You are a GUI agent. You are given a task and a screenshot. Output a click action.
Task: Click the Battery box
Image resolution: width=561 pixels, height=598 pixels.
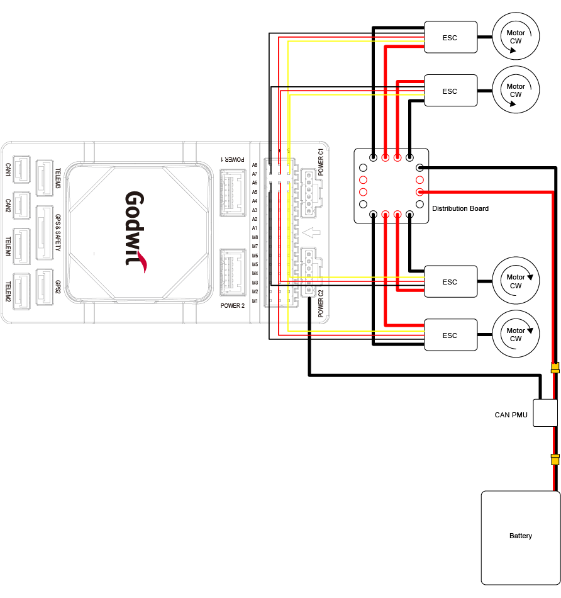(x=520, y=537)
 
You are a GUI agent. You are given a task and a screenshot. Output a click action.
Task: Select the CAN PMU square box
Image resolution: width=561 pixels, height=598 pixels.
(x=545, y=413)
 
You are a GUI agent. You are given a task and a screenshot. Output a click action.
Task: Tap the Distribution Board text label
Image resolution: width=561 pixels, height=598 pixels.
(x=460, y=208)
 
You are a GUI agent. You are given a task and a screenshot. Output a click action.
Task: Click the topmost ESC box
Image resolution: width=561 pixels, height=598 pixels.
(x=450, y=38)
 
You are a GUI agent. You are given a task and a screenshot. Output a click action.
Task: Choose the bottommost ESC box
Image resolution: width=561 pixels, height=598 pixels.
(x=450, y=336)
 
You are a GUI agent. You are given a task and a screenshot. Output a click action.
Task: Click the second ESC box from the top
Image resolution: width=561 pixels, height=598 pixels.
(x=450, y=91)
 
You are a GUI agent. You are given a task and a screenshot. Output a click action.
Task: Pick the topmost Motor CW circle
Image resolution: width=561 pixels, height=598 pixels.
(x=516, y=38)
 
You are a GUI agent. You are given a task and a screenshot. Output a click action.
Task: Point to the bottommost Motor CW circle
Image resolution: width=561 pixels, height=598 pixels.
(x=516, y=336)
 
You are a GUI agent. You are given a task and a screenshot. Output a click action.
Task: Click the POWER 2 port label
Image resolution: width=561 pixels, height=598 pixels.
(x=232, y=306)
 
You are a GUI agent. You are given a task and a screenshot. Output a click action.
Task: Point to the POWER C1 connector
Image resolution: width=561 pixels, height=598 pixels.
(x=309, y=185)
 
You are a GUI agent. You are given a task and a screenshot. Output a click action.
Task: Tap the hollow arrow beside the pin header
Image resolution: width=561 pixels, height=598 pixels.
(x=313, y=233)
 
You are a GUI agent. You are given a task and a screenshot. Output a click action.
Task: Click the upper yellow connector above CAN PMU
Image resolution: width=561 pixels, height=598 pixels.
(x=555, y=368)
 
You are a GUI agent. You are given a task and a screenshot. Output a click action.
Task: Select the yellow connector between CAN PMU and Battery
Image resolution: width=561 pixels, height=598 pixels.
(x=555, y=460)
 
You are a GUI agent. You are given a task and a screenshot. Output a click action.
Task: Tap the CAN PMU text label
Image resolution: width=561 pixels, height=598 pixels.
(x=511, y=415)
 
